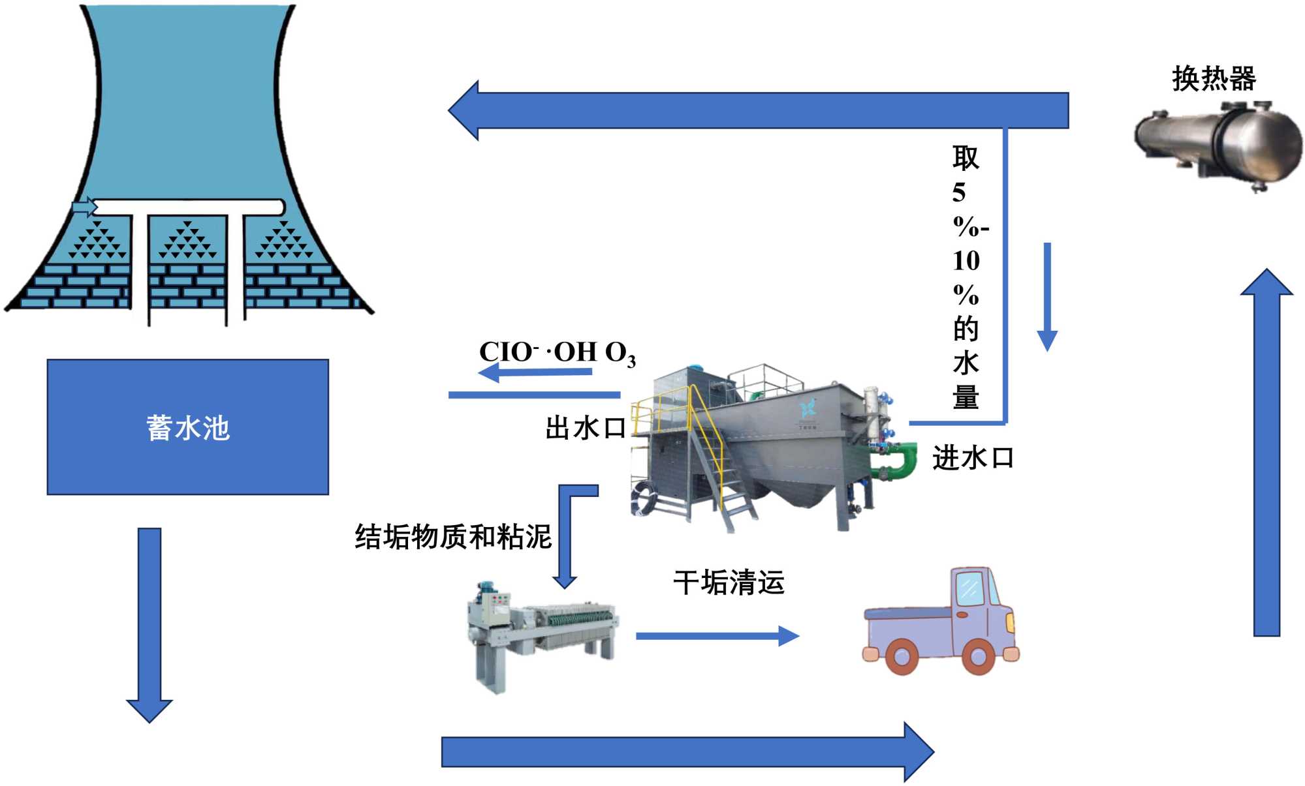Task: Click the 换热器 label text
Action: [x=1213, y=79]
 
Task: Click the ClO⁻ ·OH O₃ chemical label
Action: [x=556, y=353]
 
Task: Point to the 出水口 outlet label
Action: [x=586, y=429]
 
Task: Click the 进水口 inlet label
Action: [x=972, y=458]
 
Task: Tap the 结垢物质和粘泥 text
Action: [x=453, y=537]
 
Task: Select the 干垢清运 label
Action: [x=729, y=582]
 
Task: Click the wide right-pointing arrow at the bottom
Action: [x=685, y=751]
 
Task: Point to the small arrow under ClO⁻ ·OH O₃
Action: [x=535, y=373]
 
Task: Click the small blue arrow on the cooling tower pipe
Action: [x=84, y=207]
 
